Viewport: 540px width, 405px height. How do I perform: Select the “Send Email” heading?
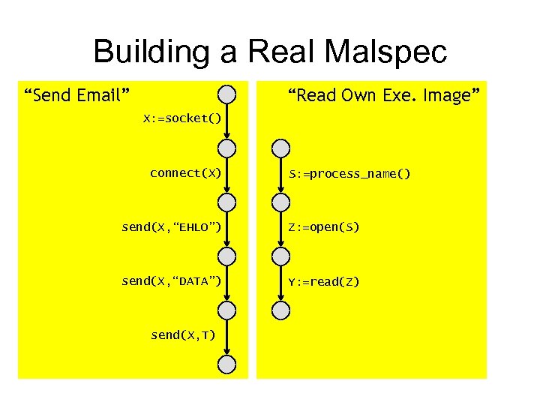click(77, 95)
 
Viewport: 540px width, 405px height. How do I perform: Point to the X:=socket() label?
click(183, 118)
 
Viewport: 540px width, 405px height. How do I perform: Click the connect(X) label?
click(185, 173)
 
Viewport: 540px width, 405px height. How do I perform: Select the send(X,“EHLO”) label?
click(171, 227)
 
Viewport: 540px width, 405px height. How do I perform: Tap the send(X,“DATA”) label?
click(171, 281)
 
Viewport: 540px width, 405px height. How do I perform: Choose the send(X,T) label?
click(183, 335)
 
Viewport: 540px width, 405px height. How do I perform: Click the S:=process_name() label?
click(350, 174)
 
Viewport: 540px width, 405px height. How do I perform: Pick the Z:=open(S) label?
click(325, 227)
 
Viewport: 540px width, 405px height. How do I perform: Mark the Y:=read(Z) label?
click(325, 282)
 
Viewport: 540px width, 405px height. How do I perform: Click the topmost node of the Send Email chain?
click(226, 94)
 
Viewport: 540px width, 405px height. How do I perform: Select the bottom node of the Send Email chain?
click(226, 364)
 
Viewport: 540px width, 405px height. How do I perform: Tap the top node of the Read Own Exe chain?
click(280, 148)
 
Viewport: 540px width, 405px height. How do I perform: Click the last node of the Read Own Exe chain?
click(280, 310)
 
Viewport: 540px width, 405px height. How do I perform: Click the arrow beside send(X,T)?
click(226, 337)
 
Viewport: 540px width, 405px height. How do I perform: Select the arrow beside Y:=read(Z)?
click(280, 283)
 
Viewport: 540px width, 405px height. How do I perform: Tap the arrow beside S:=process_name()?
click(280, 175)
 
